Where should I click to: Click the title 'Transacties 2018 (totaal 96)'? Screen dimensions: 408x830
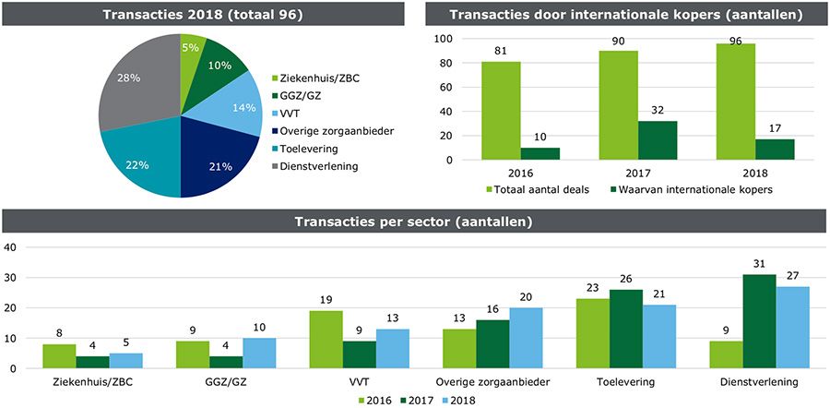[x=203, y=15]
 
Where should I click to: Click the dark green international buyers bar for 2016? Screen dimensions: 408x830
[x=539, y=153]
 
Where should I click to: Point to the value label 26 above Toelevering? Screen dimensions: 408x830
[x=626, y=280]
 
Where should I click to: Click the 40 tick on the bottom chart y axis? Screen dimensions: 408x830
[x=13, y=247]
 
